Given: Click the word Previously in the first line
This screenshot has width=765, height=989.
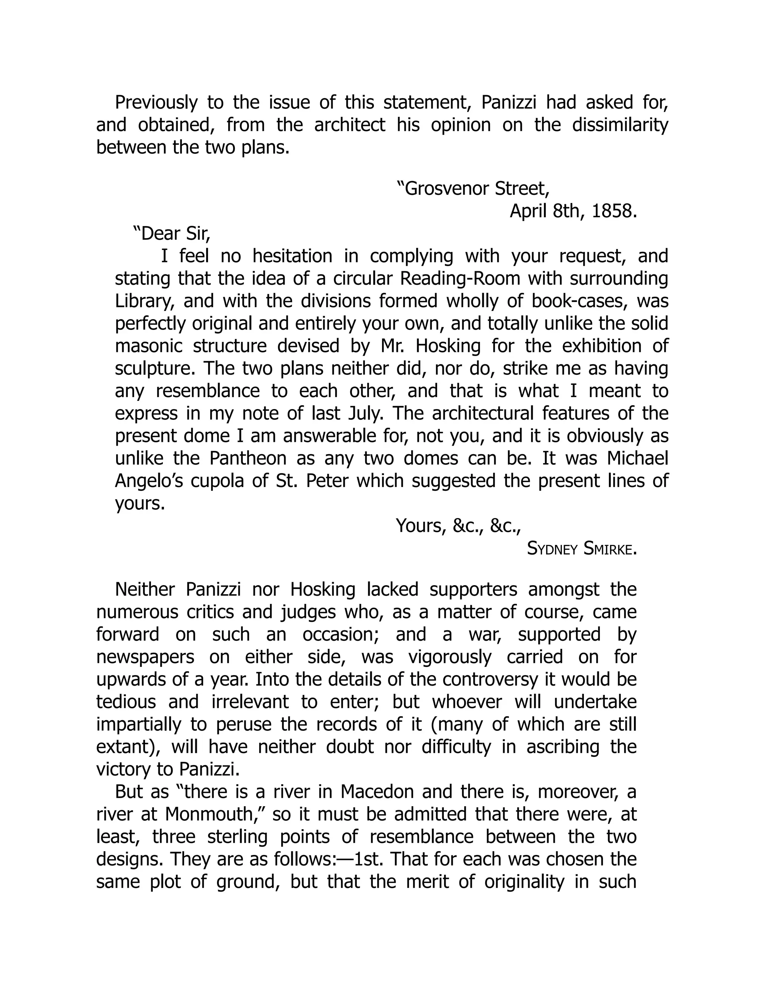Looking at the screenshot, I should (156, 103).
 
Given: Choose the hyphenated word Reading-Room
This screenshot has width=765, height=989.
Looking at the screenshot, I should (460, 279).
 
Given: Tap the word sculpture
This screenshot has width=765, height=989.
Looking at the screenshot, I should (155, 369).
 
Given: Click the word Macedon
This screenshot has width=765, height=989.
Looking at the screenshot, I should (377, 792).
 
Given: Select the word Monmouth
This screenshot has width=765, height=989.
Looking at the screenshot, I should (215, 814).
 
